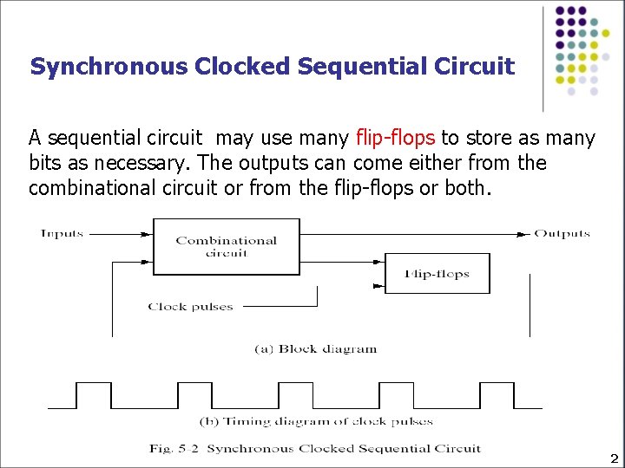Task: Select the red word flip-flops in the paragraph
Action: coord(396,138)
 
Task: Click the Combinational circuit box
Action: coord(227,246)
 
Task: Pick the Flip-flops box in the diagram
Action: coord(437,274)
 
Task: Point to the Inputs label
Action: coord(62,233)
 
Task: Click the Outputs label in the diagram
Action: coord(562,233)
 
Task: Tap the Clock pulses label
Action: coord(190,306)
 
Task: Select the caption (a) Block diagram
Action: coord(315,349)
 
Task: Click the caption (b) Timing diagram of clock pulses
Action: coord(316,421)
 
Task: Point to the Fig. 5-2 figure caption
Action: coord(314,448)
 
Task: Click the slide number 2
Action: coord(614,458)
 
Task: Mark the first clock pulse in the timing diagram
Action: coord(94,395)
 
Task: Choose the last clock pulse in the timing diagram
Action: coord(497,395)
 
